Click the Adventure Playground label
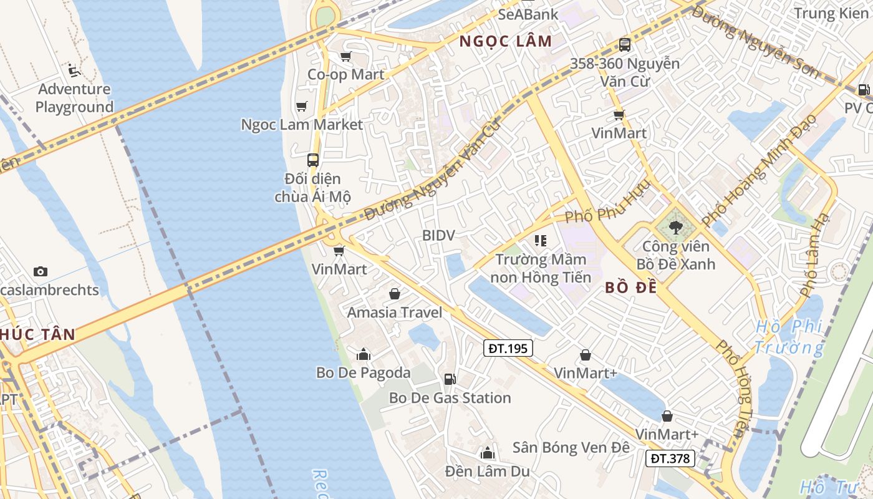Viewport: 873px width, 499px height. click(74, 98)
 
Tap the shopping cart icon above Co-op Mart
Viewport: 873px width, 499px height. click(345, 56)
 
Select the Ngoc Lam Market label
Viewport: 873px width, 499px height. click(302, 124)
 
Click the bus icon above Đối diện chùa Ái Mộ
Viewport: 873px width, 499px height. click(313, 160)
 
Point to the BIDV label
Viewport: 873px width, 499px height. click(438, 235)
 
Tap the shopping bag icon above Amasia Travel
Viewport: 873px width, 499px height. click(395, 293)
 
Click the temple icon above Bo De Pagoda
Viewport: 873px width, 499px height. click(364, 354)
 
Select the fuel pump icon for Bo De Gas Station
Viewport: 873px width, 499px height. click(449, 379)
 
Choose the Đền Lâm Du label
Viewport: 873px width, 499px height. click(488, 471)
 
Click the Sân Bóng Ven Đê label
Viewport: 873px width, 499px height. click(571, 447)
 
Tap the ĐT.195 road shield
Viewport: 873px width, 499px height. click(508, 348)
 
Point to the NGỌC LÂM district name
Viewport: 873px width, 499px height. click(506, 42)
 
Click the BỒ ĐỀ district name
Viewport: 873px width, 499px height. click(631, 288)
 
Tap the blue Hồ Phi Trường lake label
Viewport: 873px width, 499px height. click(788, 337)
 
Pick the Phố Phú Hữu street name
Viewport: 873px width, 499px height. click(607, 206)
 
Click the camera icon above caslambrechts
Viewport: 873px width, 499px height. click(41, 271)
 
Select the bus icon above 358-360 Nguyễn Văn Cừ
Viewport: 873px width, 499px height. click(625, 45)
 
